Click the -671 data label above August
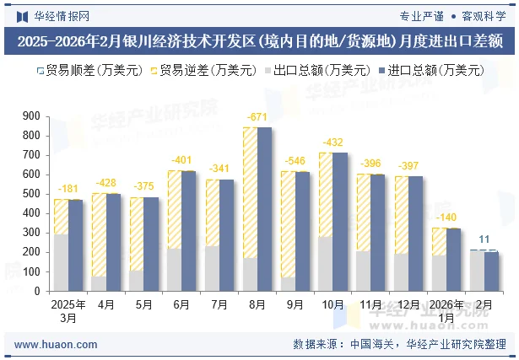pyautogui.click(x=257, y=116)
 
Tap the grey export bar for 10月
pyautogui.click(x=326, y=263)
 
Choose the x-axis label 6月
pyautogui.click(x=181, y=304)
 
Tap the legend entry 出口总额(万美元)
pyautogui.click(x=316, y=70)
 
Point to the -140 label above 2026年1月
pyautogui.click(x=446, y=217)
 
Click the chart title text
pyautogui.click(x=259, y=40)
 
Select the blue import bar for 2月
pyautogui.click(x=491, y=271)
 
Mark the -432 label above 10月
pyautogui.click(x=333, y=142)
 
